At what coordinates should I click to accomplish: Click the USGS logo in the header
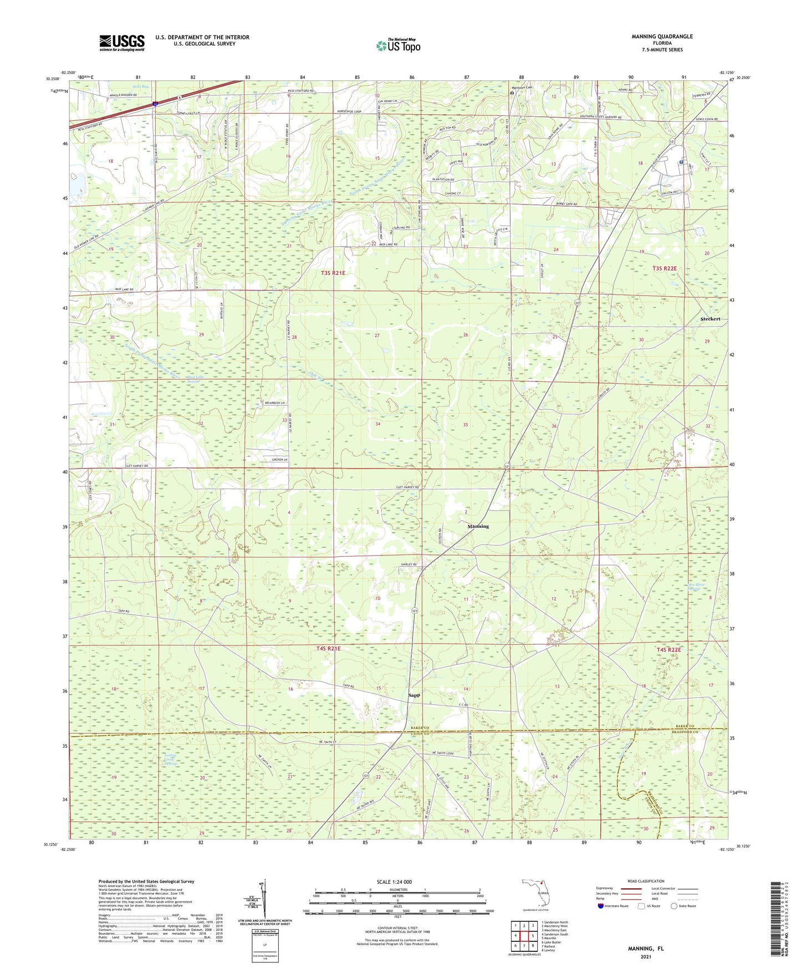[x=122, y=43]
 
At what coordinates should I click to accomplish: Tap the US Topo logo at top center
[x=398, y=45]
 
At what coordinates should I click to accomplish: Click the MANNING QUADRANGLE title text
[x=662, y=37]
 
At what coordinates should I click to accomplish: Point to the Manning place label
[x=478, y=526]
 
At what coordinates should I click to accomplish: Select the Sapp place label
[x=414, y=695]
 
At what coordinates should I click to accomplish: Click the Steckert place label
[x=710, y=319]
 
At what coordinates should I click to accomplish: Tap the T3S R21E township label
[x=333, y=273]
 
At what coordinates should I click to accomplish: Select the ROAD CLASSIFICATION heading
[x=646, y=881]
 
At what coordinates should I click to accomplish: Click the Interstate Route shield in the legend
[x=601, y=906]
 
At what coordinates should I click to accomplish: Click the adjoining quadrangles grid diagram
[x=523, y=936]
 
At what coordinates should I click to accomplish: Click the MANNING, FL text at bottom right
[x=646, y=949]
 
